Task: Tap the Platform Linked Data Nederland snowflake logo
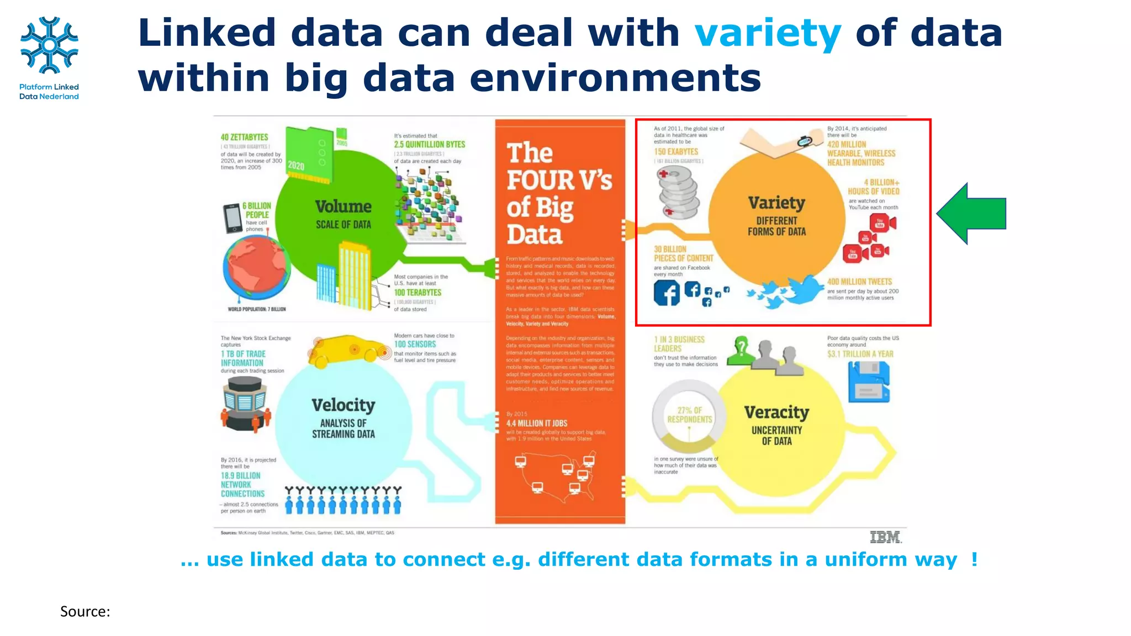[x=49, y=45]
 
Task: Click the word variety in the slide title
[x=768, y=33]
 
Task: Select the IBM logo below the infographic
[x=885, y=537]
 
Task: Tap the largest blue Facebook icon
[x=667, y=293]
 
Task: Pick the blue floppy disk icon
[x=869, y=381]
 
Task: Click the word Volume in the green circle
[x=343, y=206]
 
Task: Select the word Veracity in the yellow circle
[x=776, y=412]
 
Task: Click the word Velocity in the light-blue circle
[x=343, y=405]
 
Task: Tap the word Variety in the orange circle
[x=776, y=203]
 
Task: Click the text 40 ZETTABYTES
[x=244, y=137]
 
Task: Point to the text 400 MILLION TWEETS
[x=859, y=282]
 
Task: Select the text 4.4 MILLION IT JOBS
[x=537, y=423]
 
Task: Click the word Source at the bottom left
[x=85, y=612]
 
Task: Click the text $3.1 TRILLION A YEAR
[x=860, y=354]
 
